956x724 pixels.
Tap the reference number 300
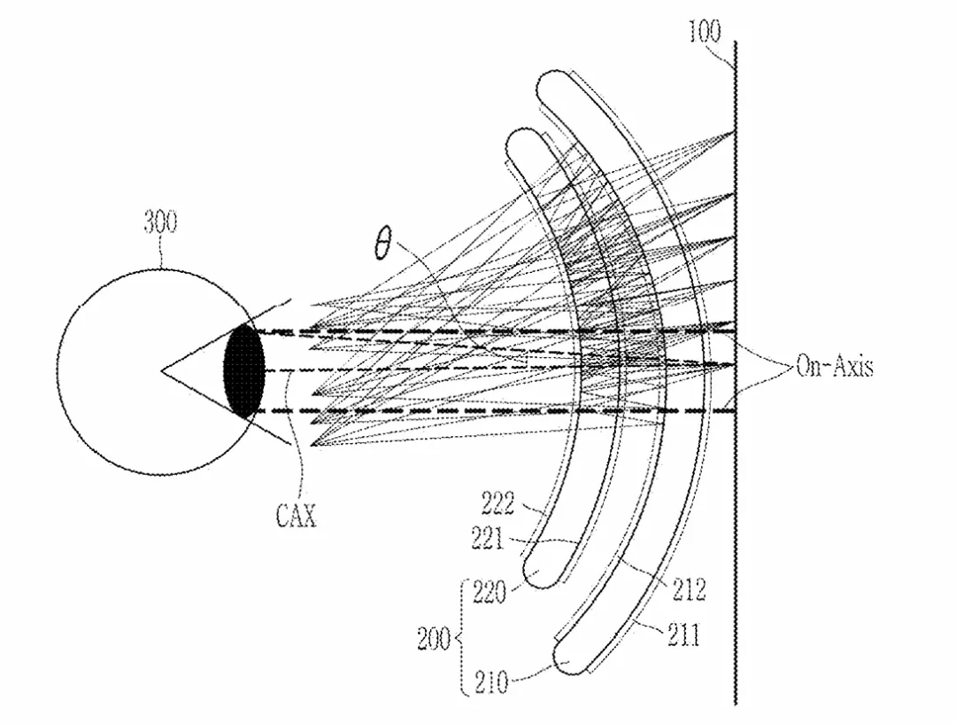pyautogui.click(x=160, y=222)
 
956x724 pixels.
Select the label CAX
pyautogui.click(x=296, y=516)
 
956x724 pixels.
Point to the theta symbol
pyautogui.click(x=382, y=245)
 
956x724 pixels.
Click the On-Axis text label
pyautogui.click(x=834, y=366)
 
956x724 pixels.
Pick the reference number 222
pyautogui.click(x=497, y=502)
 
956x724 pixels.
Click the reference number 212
pyautogui.click(x=688, y=589)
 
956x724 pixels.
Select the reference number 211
pyautogui.click(x=682, y=634)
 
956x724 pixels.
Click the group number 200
pyautogui.click(x=434, y=639)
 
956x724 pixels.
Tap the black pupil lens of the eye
pyautogui.click(x=244, y=370)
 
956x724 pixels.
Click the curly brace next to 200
pyautogui.click(x=459, y=638)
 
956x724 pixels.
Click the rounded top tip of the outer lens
pyautogui.click(x=550, y=84)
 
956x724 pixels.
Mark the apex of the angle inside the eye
pyautogui.click(x=162, y=370)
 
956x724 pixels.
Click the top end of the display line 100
pyautogui.click(x=735, y=43)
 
